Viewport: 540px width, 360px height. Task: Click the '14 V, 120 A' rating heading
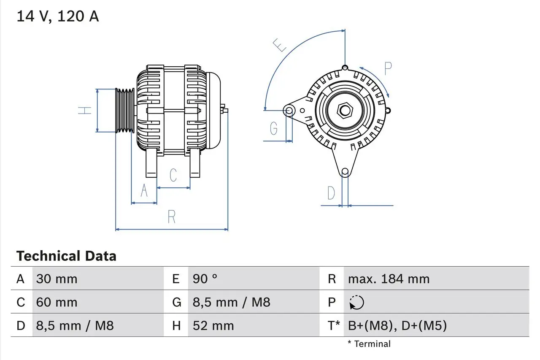coord(57,16)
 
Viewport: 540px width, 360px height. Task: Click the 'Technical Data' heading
coord(66,256)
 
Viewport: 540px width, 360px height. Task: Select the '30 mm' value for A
coord(57,279)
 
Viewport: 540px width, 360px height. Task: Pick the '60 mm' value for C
coord(57,302)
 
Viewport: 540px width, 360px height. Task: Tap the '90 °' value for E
coord(205,279)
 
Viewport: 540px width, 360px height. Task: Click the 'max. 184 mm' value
coord(389,279)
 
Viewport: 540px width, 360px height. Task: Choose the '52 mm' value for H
coord(213,325)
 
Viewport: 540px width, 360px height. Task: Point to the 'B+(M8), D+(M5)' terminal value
coord(397,325)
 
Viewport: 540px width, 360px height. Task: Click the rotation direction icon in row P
coord(356,302)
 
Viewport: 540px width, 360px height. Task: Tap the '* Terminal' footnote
coord(369,344)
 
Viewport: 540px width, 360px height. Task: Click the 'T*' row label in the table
coord(334,325)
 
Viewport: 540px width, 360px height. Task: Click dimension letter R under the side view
coord(171,217)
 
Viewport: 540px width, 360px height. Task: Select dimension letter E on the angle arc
coord(280,45)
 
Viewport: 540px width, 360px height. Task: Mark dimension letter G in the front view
coord(274,128)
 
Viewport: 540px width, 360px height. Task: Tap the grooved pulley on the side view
coord(125,111)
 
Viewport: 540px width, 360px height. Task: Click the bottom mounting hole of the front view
coord(345,171)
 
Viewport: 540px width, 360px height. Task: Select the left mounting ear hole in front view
coord(289,111)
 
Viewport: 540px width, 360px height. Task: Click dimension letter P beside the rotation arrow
coord(388,68)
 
